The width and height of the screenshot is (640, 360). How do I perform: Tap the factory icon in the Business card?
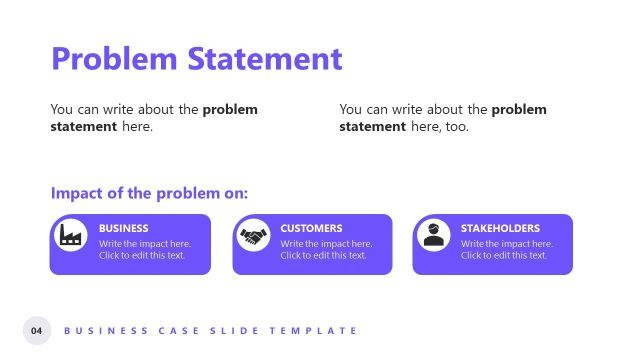pos(70,235)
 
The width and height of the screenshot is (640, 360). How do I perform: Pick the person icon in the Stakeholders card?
pos(433,235)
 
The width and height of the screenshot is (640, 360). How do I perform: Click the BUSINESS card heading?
pos(124,228)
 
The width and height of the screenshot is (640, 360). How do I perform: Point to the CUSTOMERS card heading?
pos(311,228)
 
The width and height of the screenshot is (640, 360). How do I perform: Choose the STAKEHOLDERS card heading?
pos(500,228)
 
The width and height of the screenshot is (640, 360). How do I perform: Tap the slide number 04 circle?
pos(37,330)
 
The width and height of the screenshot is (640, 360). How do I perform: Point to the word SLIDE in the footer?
pos(227,330)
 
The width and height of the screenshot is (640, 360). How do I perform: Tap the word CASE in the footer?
pos(165,330)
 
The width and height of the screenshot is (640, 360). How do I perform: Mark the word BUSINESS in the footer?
pos(97,330)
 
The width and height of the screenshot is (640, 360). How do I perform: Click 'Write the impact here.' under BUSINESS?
pos(144,243)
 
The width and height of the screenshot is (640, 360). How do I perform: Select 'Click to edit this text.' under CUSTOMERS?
pos(323,256)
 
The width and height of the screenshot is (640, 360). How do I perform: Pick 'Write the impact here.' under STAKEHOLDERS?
pos(506,243)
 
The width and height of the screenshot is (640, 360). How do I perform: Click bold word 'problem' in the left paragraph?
pos(230,109)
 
